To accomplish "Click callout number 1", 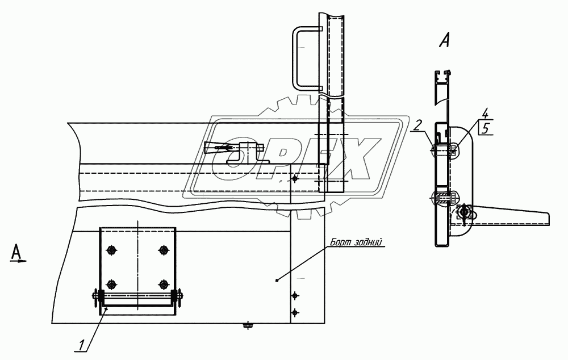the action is pos(82,345).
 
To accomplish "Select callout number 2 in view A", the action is pos(417,125).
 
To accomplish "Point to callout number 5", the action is pos(486,128).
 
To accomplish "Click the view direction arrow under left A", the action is pos(18,261).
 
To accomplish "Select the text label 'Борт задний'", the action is pos(356,242).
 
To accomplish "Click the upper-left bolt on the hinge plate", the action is pos(111,250).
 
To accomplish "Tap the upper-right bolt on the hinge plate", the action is pos(164,250).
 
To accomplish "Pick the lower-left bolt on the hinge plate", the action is pos(111,283).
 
